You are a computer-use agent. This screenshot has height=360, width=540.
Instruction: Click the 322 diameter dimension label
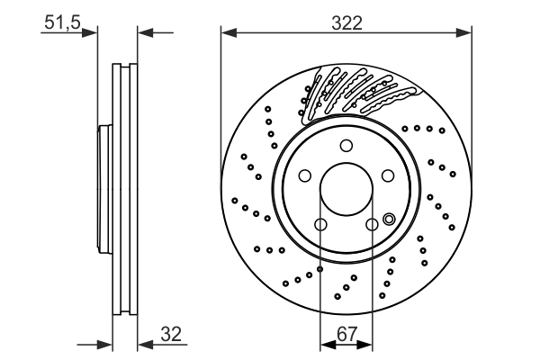coord(346,23)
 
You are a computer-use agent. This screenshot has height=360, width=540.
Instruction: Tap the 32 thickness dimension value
coord(171,333)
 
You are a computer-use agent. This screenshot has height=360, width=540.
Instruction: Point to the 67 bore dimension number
coord(346,333)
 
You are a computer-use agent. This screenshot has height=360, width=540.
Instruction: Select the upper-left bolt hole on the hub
coord(304,176)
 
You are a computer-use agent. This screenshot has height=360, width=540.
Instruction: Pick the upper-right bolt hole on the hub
coord(389,176)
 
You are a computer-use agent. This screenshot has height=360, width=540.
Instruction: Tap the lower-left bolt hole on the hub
coord(320,225)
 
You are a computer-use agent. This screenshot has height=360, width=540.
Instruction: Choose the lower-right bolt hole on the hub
coord(373,225)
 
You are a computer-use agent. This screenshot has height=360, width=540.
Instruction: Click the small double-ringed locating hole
coord(389,219)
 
